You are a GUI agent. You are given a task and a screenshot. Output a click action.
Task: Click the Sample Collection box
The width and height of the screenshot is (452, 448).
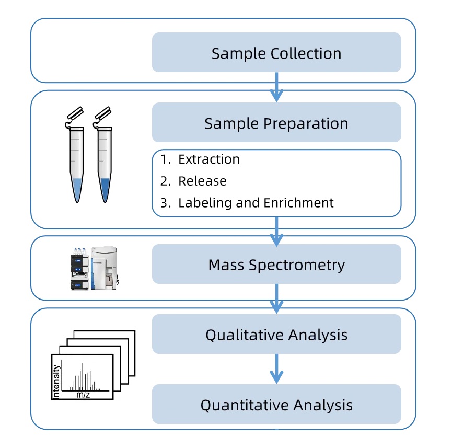point(276,53)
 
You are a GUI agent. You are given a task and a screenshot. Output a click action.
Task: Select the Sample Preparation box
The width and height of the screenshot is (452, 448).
point(276,123)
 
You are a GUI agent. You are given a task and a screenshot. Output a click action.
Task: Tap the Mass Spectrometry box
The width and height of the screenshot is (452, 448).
point(276,265)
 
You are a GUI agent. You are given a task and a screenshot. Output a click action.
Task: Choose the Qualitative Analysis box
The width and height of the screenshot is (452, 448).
point(276,335)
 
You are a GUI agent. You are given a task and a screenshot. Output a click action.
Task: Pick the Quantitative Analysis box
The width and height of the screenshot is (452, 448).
point(276,405)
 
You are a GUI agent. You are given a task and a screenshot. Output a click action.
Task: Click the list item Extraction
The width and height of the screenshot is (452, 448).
point(208,159)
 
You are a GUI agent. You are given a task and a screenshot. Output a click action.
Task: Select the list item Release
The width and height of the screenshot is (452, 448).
point(202,181)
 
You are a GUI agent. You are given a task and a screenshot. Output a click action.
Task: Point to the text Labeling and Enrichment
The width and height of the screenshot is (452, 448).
point(256,203)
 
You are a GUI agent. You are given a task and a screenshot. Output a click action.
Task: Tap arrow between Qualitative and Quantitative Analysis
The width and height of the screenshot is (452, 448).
point(276,369)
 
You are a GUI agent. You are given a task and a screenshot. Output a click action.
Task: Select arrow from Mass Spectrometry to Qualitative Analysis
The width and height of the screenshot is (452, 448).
point(276,299)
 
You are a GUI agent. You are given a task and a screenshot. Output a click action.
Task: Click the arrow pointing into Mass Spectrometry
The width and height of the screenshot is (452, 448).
point(276,231)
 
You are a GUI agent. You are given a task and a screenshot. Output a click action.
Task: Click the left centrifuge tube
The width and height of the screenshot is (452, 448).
point(77,162)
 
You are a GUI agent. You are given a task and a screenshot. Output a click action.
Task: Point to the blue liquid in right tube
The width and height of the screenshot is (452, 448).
point(105,189)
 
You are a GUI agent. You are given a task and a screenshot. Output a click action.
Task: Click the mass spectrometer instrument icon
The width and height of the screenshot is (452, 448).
point(94,268)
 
